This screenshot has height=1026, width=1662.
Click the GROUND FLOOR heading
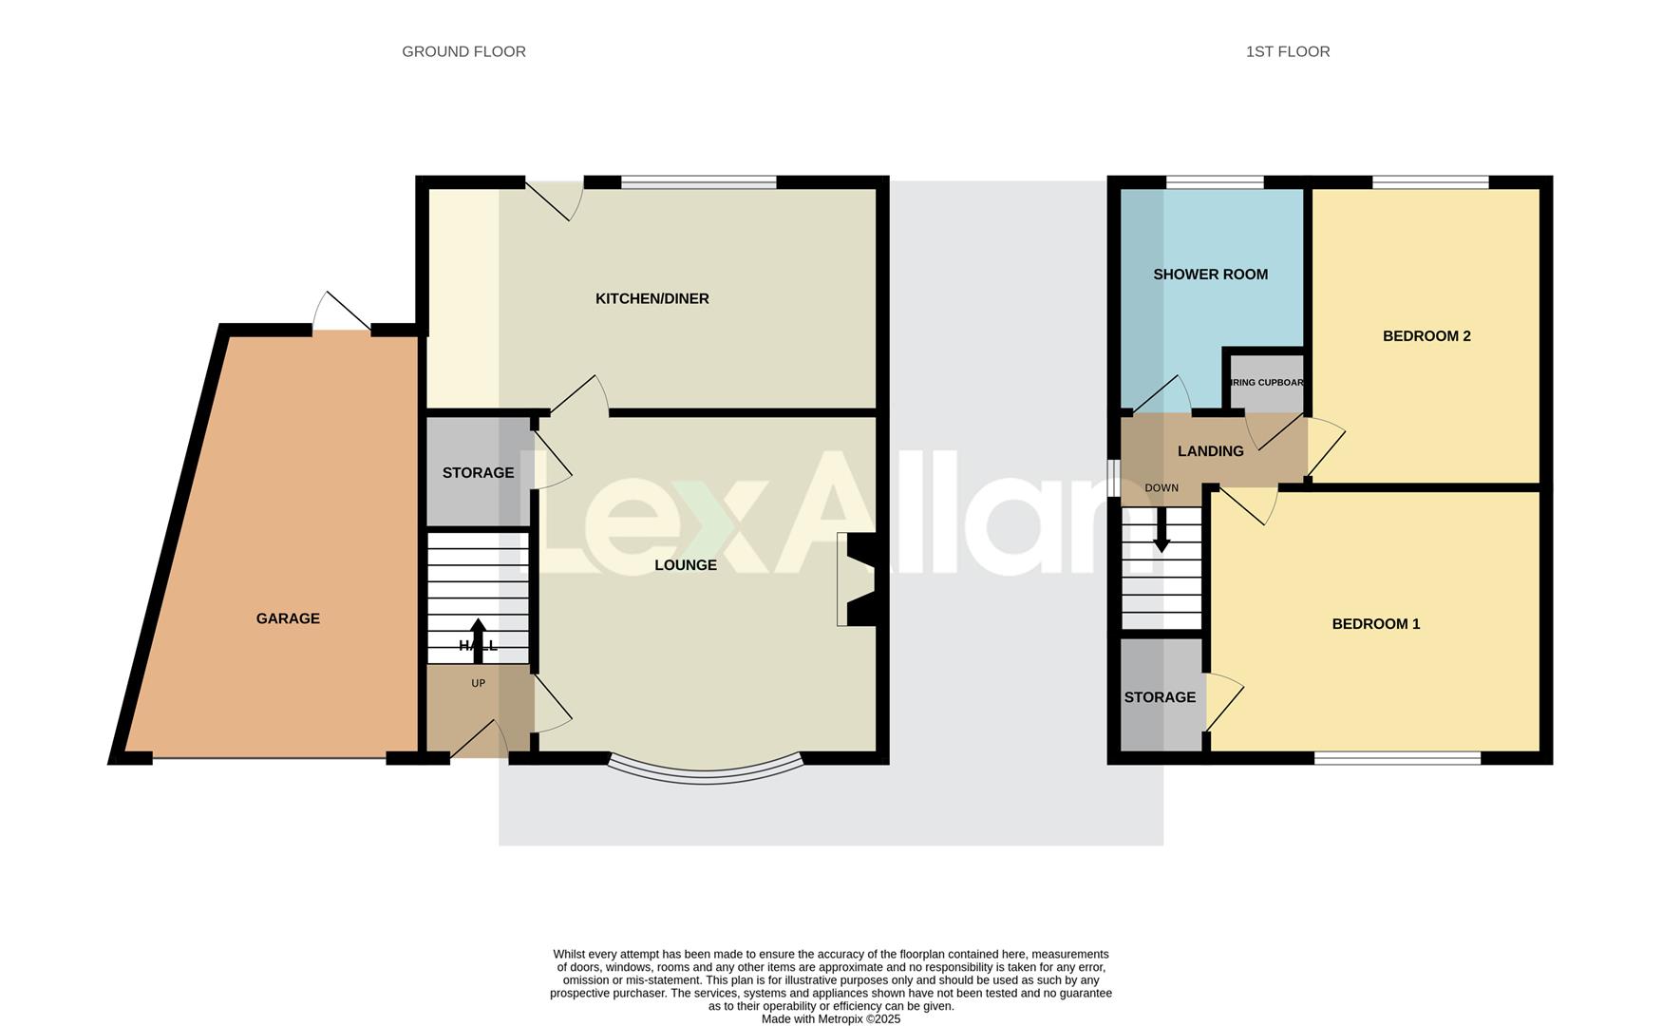(463, 51)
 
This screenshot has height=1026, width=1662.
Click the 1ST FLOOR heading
(1287, 51)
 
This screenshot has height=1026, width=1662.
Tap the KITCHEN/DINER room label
(652, 298)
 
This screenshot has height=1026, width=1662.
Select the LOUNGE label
(685, 565)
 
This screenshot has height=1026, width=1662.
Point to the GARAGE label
(288, 618)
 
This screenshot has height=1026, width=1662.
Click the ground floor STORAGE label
(478, 472)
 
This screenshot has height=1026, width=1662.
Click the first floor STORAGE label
(1160, 697)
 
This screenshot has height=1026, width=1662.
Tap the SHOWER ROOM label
(1210, 275)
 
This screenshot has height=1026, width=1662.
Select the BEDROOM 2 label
(1426, 336)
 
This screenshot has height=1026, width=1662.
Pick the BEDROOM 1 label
(1375, 624)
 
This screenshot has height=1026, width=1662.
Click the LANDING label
(1210, 451)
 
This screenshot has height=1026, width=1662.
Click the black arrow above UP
(478, 638)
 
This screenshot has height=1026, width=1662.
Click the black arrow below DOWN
(1161, 532)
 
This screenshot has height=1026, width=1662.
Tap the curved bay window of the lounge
(705, 772)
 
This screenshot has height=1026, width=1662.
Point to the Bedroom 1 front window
(1396, 758)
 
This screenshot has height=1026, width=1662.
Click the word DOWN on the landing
(1161, 488)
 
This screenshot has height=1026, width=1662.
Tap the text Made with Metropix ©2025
(830, 1019)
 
